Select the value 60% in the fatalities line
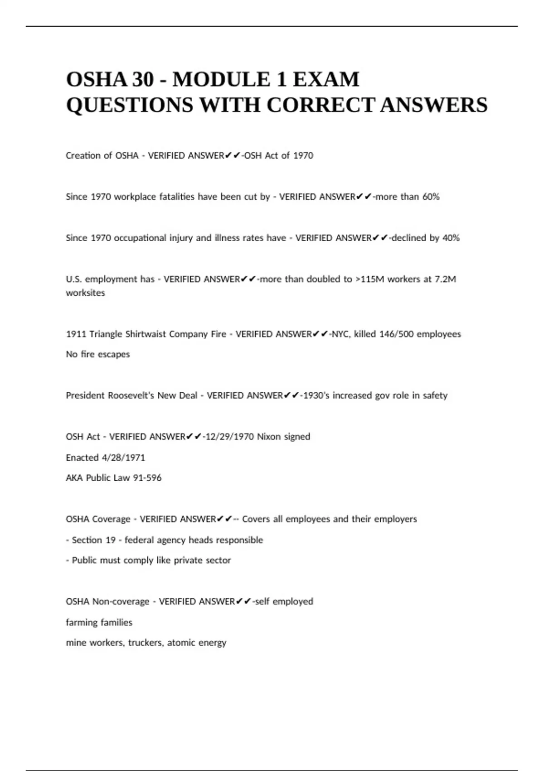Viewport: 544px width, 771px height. pyautogui.click(x=431, y=197)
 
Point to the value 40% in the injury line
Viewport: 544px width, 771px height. pyautogui.click(x=451, y=238)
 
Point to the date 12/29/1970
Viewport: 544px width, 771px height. pyautogui.click(x=230, y=437)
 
